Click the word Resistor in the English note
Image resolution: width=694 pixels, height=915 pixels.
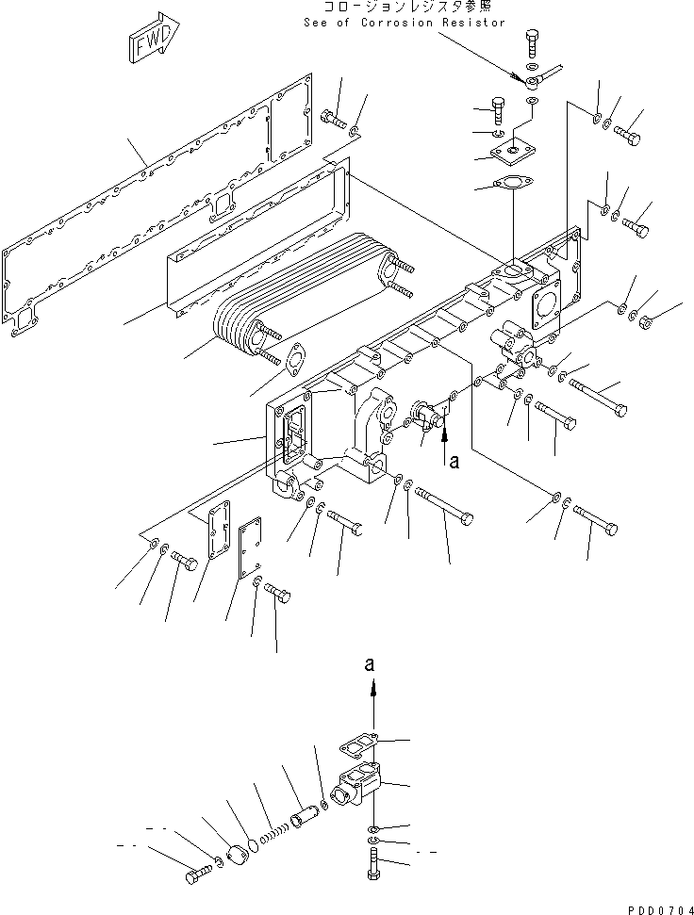(x=474, y=23)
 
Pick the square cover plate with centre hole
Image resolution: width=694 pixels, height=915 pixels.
(x=515, y=149)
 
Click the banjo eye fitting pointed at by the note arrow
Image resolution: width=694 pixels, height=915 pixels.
(x=535, y=81)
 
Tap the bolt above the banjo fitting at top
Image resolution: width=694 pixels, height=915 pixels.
(x=529, y=43)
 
